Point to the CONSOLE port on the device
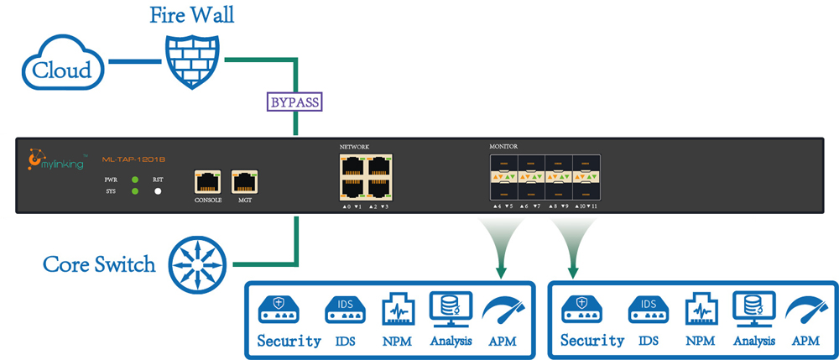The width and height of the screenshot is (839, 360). (207, 181)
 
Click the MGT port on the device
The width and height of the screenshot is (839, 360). (244, 181)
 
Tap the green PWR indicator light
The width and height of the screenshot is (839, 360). (134, 180)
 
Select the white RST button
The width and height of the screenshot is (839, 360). (157, 192)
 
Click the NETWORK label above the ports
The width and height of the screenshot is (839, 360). (354, 147)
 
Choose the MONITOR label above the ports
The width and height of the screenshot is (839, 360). (503, 147)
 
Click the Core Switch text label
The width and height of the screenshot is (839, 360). (100, 264)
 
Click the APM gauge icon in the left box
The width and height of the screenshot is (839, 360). (503, 309)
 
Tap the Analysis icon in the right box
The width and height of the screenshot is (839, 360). (749, 309)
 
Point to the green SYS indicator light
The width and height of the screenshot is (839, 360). (134, 192)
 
